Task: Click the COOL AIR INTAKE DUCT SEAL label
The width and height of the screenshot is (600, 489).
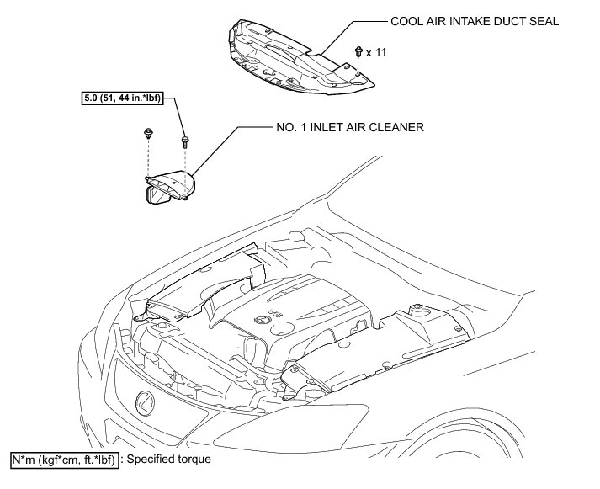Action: [x=474, y=22]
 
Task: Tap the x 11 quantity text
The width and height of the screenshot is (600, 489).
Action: [x=376, y=52]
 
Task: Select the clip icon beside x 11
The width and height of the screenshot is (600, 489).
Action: [x=359, y=51]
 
